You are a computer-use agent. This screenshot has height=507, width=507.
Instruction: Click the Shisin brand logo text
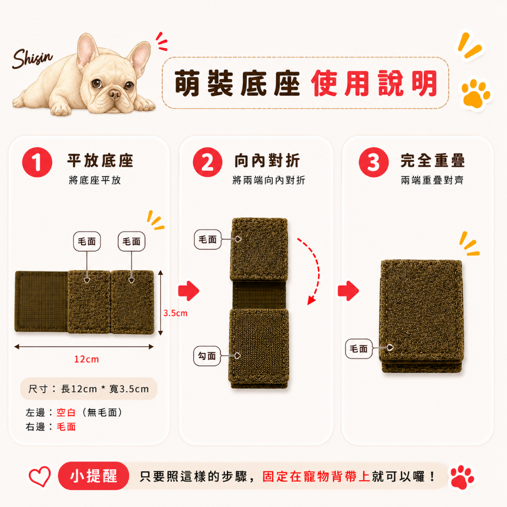(x=32, y=58)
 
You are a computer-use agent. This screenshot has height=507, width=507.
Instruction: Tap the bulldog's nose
(x=115, y=94)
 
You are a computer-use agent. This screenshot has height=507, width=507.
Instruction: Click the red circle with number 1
(x=37, y=162)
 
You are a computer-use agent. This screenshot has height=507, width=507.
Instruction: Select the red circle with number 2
(x=207, y=162)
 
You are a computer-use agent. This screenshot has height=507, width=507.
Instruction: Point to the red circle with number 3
(x=374, y=162)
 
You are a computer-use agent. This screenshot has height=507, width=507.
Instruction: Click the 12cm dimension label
(x=86, y=359)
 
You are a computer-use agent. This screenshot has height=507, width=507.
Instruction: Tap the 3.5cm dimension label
(x=175, y=313)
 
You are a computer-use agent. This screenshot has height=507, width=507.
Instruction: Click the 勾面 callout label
(x=207, y=356)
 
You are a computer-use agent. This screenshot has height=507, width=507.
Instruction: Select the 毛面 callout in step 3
(x=359, y=349)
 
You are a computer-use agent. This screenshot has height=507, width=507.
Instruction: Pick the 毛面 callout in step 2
(x=207, y=239)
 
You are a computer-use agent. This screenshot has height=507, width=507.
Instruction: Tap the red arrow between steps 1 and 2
(x=189, y=291)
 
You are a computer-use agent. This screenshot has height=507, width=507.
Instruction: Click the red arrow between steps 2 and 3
(x=348, y=291)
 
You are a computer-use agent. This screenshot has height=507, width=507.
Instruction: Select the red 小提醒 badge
(x=94, y=476)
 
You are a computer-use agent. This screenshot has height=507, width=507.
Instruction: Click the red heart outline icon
(x=40, y=476)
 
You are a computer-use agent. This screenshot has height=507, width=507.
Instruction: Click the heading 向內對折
(x=267, y=161)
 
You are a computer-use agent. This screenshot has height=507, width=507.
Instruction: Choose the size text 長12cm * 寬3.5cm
(x=105, y=389)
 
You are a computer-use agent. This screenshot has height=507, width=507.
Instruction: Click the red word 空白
(x=66, y=413)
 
